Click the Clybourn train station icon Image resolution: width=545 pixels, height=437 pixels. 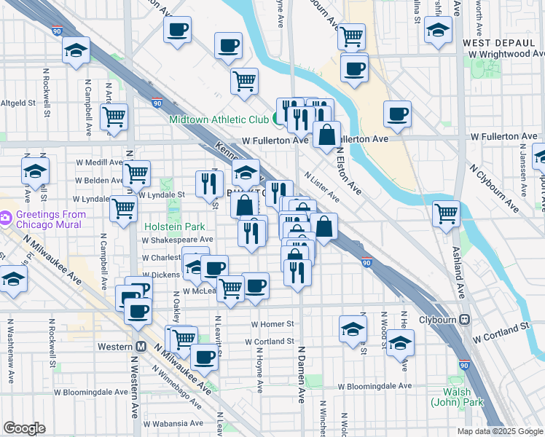[x=464, y=320]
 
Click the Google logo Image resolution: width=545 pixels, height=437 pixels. [x=24, y=428]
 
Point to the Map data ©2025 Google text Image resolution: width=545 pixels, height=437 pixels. [x=500, y=431]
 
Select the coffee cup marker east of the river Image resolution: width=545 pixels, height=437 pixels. [x=397, y=114]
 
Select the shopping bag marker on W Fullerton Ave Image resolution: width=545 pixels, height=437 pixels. [x=327, y=134]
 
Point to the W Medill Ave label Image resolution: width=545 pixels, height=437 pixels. [x=98, y=162]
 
